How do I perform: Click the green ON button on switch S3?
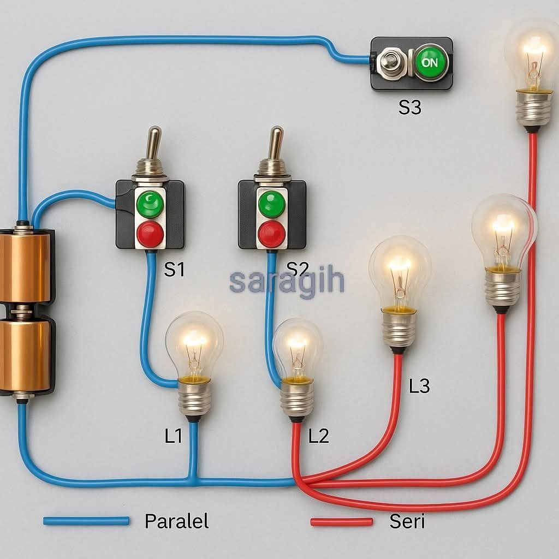[x=430, y=63]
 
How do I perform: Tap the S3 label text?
[x=409, y=108]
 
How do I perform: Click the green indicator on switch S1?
[x=150, y=204]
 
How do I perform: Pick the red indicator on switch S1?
[x=150, y=234]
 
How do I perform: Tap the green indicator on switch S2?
[x=272, y=204]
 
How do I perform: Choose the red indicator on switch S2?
[x=272, y=234]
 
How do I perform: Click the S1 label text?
[x=174, y=270]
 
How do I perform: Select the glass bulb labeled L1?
[x=194, y=344]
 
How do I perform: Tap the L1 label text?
[x=173, y=436]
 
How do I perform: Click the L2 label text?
[x=319, y=436]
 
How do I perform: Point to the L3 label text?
[x=419, y=386]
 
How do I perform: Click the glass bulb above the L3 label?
[x=400, y=270]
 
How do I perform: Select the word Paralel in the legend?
[x=176, y=521]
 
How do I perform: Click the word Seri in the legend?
[x=407, y=521]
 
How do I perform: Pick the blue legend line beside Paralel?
[x=86, y=521]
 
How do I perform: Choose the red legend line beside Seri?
[x=342, y=522]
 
